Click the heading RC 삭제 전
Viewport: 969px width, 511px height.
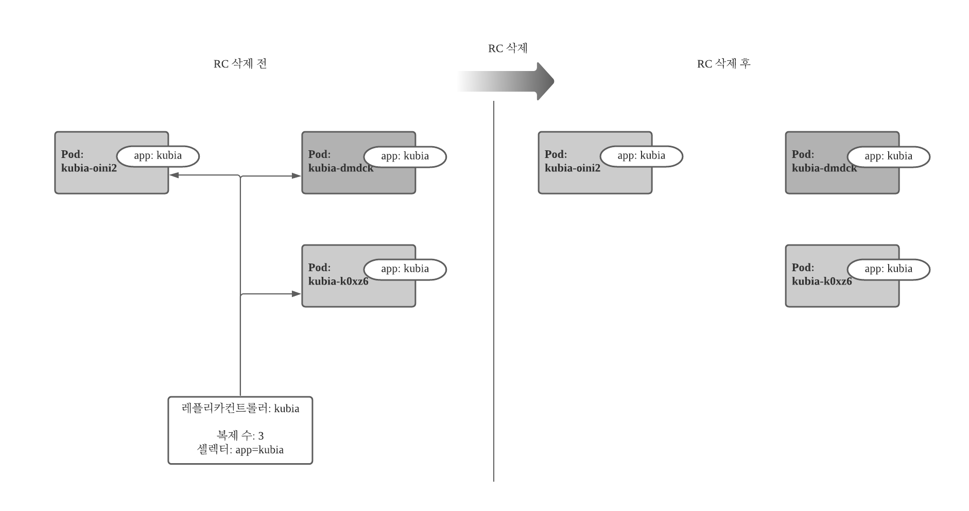240,64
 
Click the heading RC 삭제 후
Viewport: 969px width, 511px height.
723,64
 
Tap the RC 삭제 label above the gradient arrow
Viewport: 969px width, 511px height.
508,48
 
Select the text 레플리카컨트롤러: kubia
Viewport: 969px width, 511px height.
240,409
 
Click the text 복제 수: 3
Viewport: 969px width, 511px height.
240,436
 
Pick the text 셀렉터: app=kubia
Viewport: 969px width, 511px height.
240,450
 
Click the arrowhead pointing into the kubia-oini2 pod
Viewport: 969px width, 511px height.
174,175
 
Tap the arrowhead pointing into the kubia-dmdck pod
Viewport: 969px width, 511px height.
297,176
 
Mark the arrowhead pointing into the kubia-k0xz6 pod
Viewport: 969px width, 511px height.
297,294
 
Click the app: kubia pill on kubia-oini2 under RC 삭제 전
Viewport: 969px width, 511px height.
158,156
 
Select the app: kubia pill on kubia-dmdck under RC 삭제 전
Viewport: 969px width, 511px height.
405,156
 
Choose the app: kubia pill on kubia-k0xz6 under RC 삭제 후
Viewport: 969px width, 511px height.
888,269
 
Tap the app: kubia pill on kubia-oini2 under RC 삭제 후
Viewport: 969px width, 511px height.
641,156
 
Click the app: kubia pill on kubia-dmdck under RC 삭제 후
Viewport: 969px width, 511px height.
888,156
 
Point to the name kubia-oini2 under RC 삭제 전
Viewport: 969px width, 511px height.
89,168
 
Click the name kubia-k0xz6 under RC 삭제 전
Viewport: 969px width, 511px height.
338,281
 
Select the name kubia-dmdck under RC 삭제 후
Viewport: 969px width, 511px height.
824,168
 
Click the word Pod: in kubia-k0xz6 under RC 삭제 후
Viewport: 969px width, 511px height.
803,268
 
